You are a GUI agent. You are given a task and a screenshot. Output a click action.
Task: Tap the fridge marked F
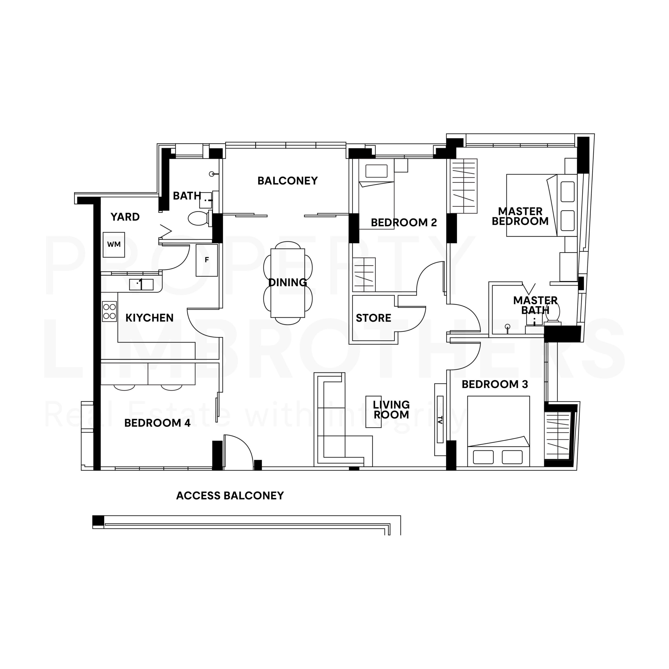207,260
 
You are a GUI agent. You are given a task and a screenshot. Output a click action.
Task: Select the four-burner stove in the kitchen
109,311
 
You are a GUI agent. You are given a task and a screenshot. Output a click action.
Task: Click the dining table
288,283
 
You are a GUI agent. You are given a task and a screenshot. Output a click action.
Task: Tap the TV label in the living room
440,420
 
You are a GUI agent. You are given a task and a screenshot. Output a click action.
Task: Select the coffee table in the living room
374,412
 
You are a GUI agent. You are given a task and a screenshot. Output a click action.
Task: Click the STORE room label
373,318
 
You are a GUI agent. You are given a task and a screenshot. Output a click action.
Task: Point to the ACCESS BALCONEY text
230,495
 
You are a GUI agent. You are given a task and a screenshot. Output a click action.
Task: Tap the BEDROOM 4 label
157,423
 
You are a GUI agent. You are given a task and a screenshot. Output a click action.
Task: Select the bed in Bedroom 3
498,431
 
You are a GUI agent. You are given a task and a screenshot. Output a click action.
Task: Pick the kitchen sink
141,285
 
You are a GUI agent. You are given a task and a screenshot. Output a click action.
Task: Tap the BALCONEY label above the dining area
287,181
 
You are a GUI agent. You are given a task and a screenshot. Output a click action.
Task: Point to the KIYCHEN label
149,318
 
